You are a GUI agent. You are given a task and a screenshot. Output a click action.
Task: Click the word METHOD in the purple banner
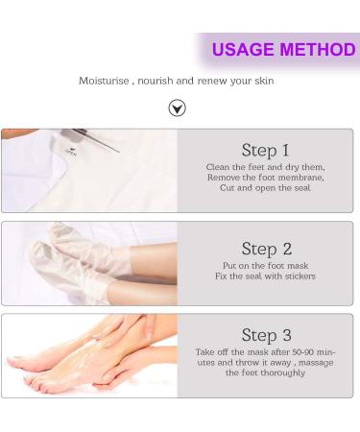(318, 50)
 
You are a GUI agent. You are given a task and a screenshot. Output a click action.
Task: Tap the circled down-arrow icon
(177, 108)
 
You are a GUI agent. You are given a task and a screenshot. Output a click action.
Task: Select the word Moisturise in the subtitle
(104, 81)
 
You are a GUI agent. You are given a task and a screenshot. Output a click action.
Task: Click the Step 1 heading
(265, 150)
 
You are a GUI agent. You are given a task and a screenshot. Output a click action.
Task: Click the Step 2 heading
(265, 249)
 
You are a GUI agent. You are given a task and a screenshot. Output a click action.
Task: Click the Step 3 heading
(265, 335)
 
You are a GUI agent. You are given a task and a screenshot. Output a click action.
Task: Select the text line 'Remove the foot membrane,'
(265, 177)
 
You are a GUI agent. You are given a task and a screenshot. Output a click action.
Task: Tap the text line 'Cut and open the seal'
(265, 187)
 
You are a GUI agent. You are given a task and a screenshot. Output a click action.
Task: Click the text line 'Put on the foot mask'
(265, 266)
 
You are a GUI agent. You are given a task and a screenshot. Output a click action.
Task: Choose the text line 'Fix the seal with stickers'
(265, 276)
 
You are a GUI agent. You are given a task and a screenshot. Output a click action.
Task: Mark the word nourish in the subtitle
(156, 81)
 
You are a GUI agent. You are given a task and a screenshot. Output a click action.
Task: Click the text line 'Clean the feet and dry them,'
(265, 167)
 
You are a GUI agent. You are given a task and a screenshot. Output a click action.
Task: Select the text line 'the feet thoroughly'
(265, 372)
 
